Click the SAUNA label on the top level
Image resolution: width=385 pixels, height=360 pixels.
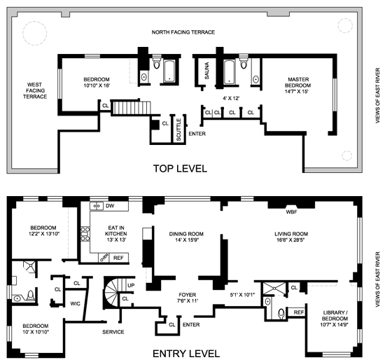point(206,71)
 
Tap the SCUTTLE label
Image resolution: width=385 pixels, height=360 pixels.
point(178,130)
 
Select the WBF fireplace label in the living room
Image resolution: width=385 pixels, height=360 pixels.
point(291,212)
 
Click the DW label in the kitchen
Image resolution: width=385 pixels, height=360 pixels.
point(110,206)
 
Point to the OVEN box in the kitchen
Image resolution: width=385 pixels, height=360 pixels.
point(104,258)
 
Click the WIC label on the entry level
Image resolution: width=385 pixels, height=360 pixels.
point(75,304)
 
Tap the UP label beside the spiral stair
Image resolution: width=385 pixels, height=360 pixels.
point(131,285)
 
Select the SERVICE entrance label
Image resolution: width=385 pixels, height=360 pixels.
point(113,332)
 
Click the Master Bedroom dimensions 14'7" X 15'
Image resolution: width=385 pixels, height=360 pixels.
point(296,92)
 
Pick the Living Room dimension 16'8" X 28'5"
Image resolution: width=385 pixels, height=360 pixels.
point(290,240)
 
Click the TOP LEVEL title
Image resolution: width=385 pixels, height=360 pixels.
point(180,169)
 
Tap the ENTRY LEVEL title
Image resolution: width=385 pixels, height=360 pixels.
point(186,354)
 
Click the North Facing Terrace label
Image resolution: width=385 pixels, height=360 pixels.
point(183,32)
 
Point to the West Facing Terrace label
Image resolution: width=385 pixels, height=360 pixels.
point(34,90)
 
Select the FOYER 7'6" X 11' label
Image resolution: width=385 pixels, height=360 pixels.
point(187,298)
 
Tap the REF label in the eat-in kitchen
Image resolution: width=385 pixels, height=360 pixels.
point(118,258)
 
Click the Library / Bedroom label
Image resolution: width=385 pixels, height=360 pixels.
point(335,315)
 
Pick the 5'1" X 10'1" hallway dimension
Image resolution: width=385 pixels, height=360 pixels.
point(243,295)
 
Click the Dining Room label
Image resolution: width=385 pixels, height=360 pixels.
point(186,234)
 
